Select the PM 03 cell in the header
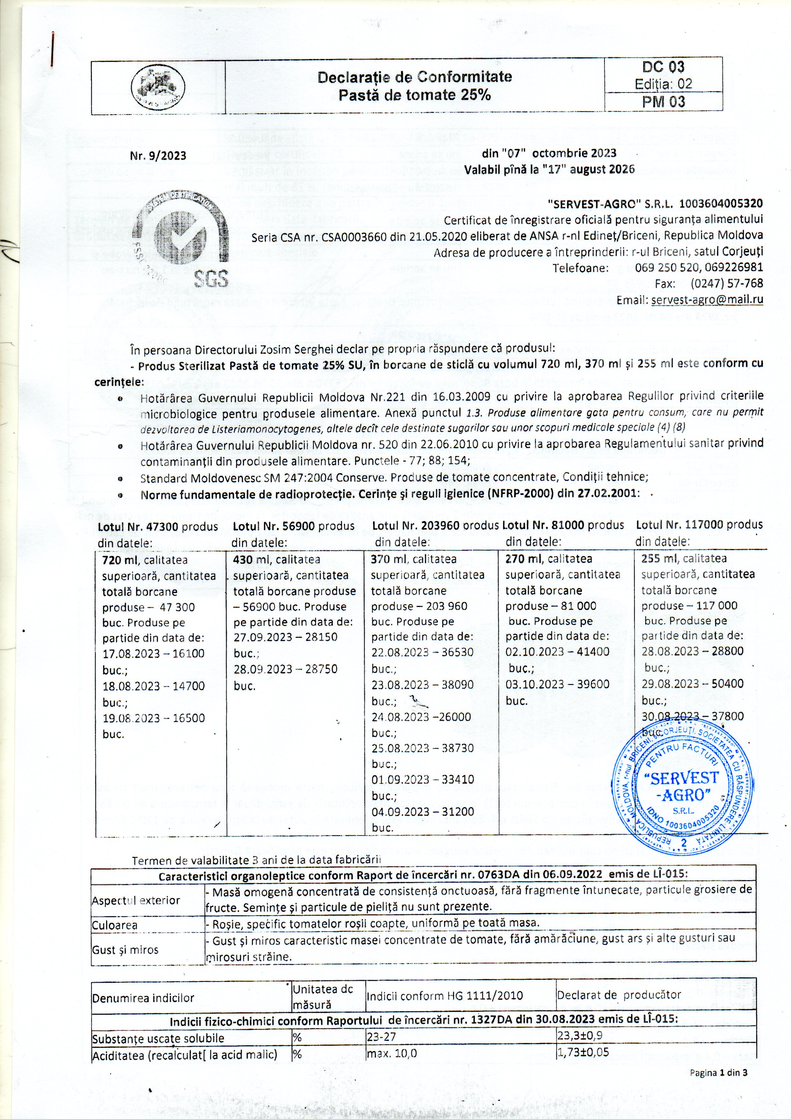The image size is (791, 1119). [x=663, y=102]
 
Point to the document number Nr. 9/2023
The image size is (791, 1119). [x=158, y=156]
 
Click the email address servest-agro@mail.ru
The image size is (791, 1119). [x=707, y=300]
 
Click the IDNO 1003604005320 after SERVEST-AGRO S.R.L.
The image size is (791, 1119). [x=721, y=203]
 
